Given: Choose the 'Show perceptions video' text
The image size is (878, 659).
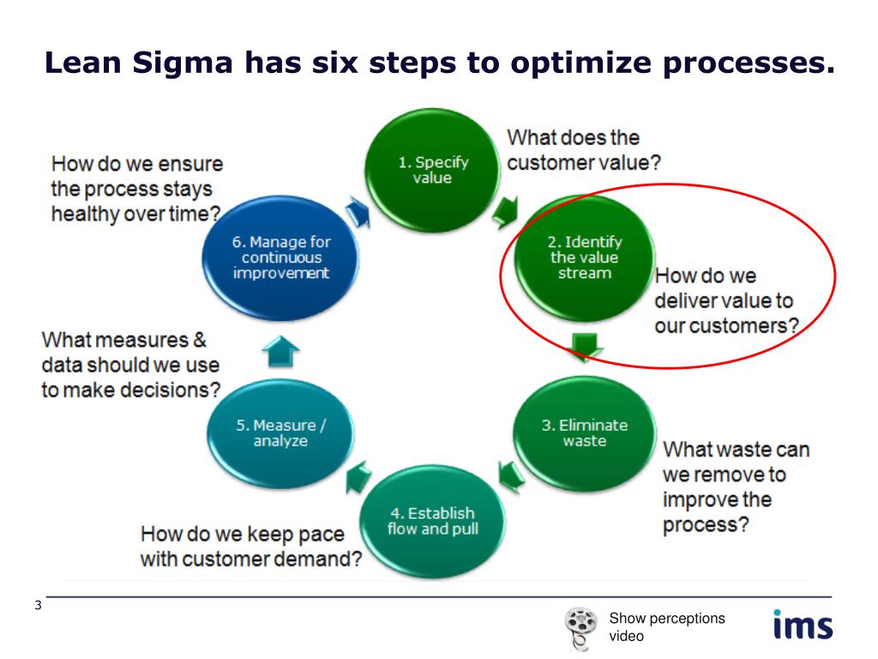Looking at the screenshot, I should [666, 626].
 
